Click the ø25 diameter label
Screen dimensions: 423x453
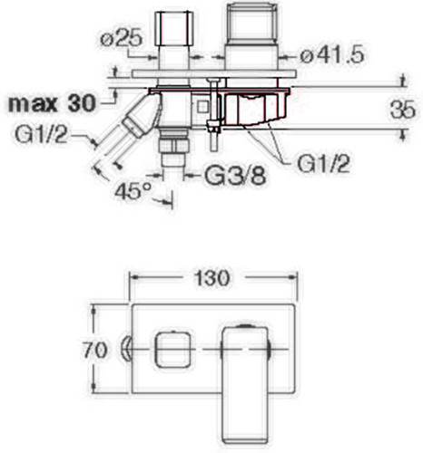point(121,39)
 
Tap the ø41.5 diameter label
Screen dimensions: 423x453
point(332,55)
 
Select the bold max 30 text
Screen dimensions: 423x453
point(52,103)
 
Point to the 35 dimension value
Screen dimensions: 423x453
point(403,110)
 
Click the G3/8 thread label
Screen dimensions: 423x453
point(235,175)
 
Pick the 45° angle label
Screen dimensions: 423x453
point(133,190)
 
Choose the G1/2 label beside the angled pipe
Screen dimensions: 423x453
point(41,135)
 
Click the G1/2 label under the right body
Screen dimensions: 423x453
point(323,164)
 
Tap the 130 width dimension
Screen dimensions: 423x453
point(211,278)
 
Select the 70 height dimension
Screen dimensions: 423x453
point(94,350)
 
